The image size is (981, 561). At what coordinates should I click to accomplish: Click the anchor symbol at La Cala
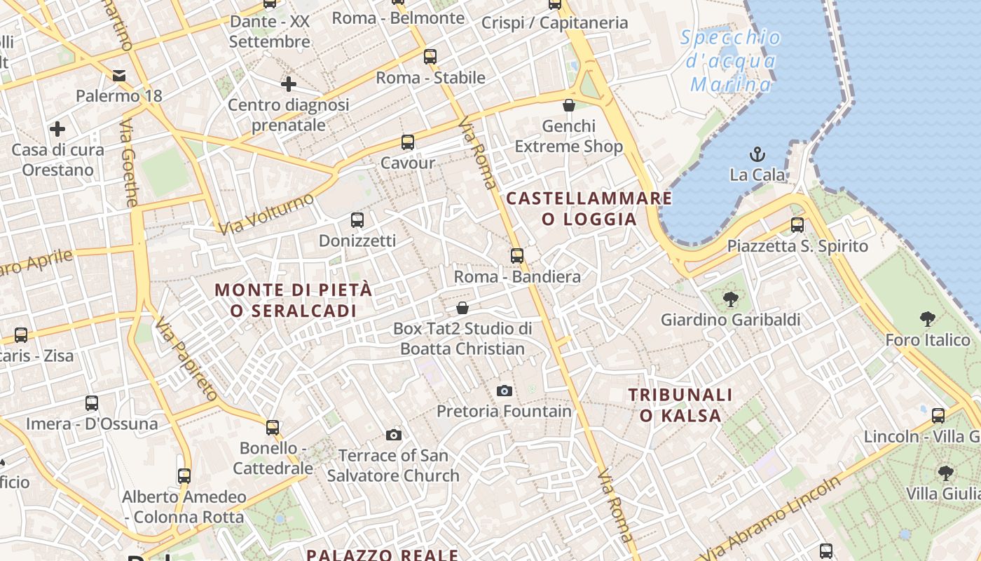point(757,154)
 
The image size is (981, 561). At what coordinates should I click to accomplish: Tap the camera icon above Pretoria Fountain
point(504,391)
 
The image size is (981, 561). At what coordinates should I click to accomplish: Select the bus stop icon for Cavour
point(407,142)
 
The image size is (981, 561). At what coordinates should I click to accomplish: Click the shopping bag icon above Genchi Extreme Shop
point(569,105)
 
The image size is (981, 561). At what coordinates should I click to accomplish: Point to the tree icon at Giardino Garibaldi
point(730,299)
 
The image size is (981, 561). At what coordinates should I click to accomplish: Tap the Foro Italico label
point(928,340)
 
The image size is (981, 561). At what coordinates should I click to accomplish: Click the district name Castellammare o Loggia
point(589,208)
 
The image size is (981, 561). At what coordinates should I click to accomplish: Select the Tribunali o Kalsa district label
point(680,405)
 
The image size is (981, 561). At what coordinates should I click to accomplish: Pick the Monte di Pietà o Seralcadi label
point(293,299)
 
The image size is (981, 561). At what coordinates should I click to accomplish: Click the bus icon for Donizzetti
point(357,220)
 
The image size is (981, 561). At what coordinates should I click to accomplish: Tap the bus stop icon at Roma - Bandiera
point(516,256)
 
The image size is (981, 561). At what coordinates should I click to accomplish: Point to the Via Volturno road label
point(266,214)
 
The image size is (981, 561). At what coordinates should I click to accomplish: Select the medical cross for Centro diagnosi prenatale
point(288,84)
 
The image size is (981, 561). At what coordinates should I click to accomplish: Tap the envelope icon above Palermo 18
point(118,75)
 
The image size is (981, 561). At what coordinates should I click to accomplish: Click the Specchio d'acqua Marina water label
point(731,61)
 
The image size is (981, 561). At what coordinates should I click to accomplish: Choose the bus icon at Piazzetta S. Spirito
point(797,225)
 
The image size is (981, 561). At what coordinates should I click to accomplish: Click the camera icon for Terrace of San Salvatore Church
point(393,435)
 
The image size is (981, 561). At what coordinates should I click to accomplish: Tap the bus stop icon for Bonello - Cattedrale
point(273,427)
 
